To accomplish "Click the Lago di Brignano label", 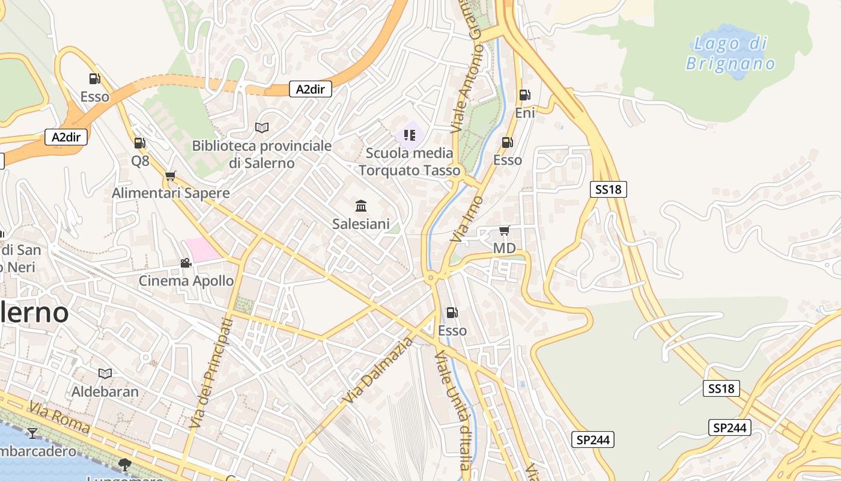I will [x=730, y=53].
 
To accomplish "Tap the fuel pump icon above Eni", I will [x=524, y=94].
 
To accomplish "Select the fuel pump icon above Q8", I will [x=140, y=143].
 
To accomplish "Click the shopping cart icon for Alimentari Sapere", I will [x=171, y=176].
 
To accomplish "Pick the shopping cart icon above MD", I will [x=505, y=231].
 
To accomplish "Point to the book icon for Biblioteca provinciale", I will [x=261, y=127].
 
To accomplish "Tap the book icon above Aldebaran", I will [x=105, y=374].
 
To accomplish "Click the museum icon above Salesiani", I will [x=361, y=206].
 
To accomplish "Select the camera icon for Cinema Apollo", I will [x=186, y=263].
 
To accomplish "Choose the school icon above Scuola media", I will [x=410, y=135].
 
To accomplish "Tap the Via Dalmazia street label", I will [x=379, y=370].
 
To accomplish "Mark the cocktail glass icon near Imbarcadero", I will [x=32, y=433].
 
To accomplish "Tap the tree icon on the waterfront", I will [x=125, y=464].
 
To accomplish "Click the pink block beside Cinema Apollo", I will [x=203, y=249].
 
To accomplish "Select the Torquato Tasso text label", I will [x=410, y=170].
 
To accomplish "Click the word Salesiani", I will [x=361, y=224].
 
